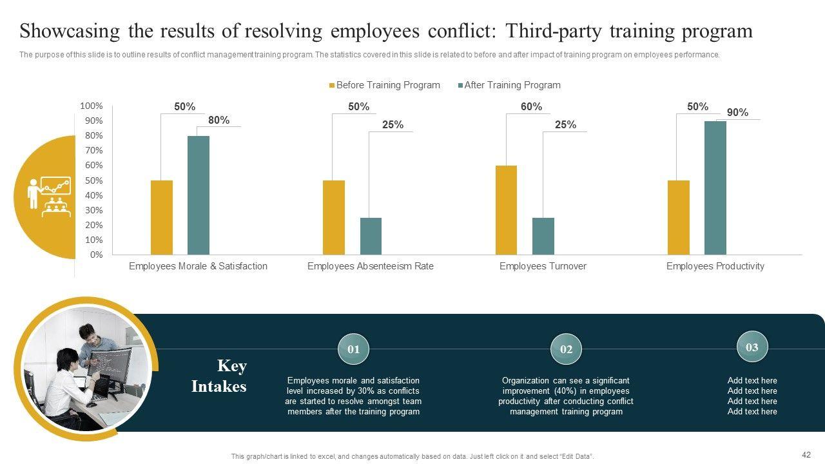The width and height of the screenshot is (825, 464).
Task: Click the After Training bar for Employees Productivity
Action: tap(715, 188)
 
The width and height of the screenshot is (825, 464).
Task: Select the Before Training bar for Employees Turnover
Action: tap(506, 210)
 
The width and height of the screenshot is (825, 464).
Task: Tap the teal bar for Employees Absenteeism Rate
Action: tap(371, 236)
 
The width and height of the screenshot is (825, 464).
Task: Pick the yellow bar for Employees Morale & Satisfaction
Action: tap(162, 217)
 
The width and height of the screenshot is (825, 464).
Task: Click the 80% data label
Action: tap(218, 120)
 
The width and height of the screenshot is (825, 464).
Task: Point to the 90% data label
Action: tap(737, 113)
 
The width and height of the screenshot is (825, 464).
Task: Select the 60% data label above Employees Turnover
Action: tap(531, 107)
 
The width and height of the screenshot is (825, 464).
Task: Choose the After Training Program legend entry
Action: tap(509, 85)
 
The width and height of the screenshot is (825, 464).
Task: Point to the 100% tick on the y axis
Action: tap(92, 106)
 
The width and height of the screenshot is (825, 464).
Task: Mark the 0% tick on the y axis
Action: tap(96, 255)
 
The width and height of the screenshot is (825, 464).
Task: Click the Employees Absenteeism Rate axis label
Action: tap(371, 266)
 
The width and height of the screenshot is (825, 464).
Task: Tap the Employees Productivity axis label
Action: tap(715, 266)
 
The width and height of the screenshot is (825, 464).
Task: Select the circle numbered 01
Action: tap(353, 349)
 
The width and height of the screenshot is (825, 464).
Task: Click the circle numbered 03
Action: tap(752, 347)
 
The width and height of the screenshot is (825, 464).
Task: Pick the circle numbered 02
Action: tap(566, 349)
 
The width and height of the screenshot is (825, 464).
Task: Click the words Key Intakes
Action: tap(220, 376)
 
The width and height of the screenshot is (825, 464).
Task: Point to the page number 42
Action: tap(806, 454)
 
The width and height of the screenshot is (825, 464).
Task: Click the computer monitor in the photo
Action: tap(110, 365)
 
